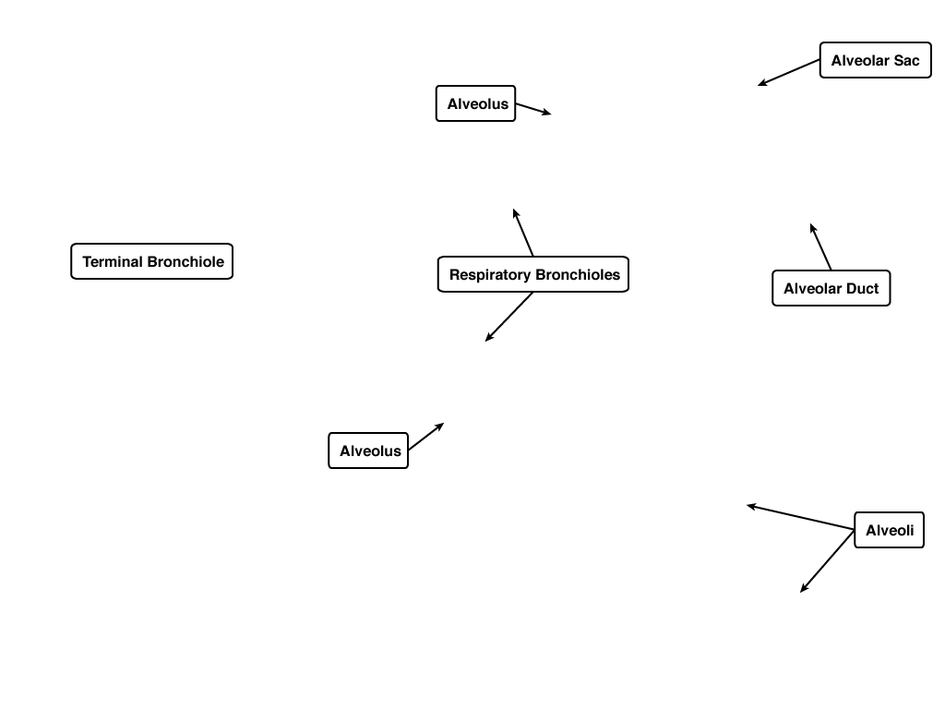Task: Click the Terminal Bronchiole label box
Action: [152, 261]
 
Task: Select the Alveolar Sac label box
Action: [875, 60]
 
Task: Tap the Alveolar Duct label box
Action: [831, 288]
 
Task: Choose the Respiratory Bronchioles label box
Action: [533, 274]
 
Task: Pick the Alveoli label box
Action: [889, 530]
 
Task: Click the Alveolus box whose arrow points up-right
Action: [368, 451]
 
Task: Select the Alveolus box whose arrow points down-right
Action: [475, 103]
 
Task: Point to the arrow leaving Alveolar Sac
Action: [788, 72]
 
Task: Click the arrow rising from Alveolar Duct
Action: [820, 246]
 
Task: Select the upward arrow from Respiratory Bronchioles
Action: [523, 232]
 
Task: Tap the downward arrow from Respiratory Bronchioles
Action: [509, 317]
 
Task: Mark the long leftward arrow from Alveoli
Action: [800, 517]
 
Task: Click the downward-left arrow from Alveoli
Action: [827, 561]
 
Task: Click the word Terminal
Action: [113, 261]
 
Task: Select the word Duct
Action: [863, 288]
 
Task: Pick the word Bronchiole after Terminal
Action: [185, 261]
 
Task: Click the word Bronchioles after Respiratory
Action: [578, 274]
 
